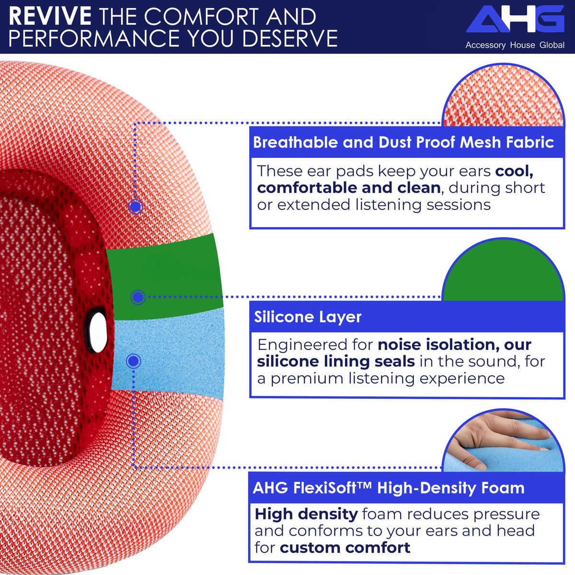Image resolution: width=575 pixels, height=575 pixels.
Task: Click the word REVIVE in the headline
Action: point(50,16)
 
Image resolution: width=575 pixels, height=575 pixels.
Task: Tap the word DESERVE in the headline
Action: point(290,38)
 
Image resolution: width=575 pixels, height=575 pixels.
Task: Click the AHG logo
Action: point(515,19)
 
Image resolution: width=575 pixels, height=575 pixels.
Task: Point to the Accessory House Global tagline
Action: point(515,45)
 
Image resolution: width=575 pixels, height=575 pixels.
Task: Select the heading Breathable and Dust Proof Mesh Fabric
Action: point(403,142)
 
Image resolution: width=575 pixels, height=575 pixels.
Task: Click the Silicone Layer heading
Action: point(308,317)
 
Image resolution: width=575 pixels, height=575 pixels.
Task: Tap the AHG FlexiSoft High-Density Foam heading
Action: point(389,488)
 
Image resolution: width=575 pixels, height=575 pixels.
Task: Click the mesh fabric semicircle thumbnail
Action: point(504,95)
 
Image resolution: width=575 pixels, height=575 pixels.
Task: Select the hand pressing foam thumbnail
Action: point(504,441)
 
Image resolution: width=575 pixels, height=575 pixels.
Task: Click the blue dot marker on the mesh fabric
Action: point(136,207)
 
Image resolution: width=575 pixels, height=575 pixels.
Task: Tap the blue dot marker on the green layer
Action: point(138,297)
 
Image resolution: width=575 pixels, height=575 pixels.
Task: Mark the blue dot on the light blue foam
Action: point(133,361)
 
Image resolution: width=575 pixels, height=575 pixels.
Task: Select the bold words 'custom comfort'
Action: point(345,548)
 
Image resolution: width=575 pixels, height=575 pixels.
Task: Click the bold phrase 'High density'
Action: point(306,514)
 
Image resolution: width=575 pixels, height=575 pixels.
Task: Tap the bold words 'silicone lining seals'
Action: point(336,361)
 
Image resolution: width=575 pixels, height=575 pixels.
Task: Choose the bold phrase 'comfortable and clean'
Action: point(348,188)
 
